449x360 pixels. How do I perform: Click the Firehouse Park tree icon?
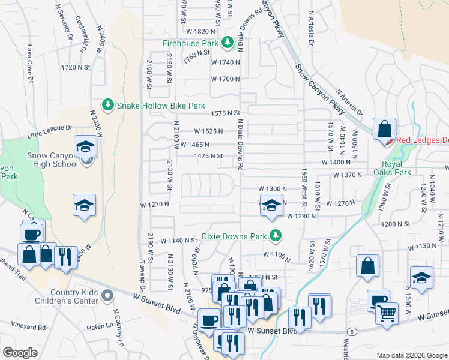coord(227,43)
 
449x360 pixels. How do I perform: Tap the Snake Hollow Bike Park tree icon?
coord(108,105)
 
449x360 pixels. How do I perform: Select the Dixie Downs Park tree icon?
coord(276,236)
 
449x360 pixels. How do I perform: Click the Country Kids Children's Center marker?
coord(107,295)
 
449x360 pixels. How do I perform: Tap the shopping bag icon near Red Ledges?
coord(384,129)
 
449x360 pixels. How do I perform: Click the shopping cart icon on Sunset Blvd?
coord(387,312)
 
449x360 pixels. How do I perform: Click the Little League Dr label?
coord(49,132)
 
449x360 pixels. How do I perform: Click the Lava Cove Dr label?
coord(29,59)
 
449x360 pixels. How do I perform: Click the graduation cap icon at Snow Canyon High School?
coord(86,148)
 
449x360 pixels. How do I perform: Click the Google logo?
coord(20,353)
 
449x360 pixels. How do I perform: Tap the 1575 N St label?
coord(225,113)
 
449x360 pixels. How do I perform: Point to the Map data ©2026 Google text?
coord(411,355)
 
